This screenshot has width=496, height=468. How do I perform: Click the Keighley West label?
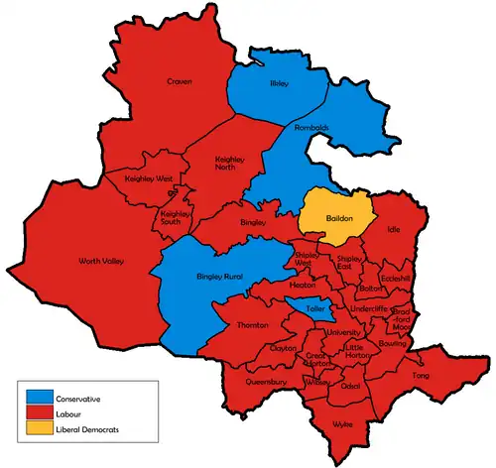click(x=148, y=179)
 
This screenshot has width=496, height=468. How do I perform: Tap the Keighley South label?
click(x=176, y=217)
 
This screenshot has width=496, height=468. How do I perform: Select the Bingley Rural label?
click(x=219, y=274)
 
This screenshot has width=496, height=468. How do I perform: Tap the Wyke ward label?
click(x=342, y=423)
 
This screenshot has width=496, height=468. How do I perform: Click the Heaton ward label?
click(x=303, y=286)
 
